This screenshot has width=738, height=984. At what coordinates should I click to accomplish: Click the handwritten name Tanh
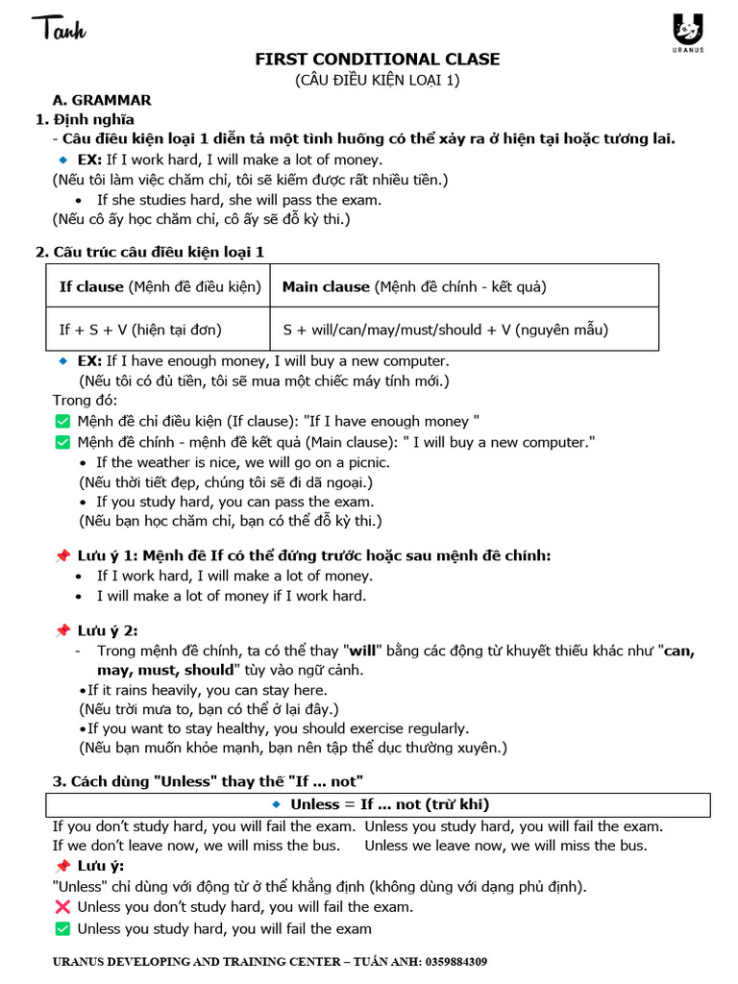pos(59,30)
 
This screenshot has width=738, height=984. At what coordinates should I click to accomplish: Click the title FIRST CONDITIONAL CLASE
pos(377,60)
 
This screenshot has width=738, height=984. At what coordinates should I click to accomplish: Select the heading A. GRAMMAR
pos(101,100)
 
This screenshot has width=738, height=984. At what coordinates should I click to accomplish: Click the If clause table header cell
pos(160,286)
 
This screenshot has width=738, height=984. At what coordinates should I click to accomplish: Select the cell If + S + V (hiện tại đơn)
pos(140,330)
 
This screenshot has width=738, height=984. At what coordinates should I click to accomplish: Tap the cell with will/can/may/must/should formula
pos(446,330)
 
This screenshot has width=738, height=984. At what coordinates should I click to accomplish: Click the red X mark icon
pos(62,907)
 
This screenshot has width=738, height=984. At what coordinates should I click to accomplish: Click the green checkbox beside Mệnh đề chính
pos(62,442)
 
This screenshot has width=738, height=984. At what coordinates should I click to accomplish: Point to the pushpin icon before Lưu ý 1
pos(62,555)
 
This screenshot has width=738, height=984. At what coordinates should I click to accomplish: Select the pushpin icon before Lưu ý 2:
pos(62,630)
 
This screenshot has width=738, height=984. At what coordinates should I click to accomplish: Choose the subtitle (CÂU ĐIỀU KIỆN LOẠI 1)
pos(377,81)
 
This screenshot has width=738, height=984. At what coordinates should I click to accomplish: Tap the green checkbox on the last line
pos(62,928)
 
